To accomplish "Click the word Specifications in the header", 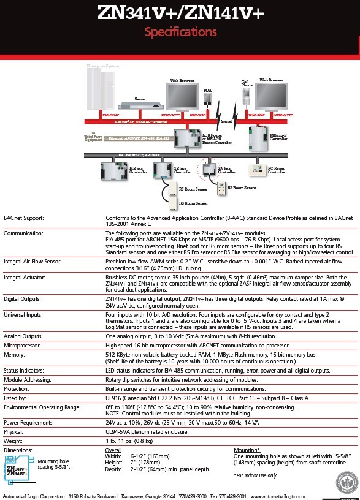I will click(x=180, y=32).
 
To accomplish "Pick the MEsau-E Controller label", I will click(x=278, y=137).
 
